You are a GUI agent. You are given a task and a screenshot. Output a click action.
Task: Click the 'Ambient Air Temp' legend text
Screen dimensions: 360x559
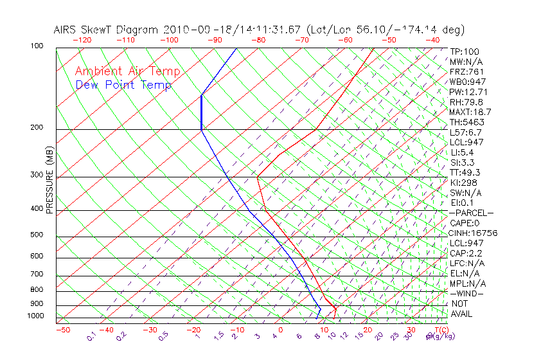[x=127, y=71]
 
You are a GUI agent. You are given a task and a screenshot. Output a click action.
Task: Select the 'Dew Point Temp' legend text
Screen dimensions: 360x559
[x=123, y=85]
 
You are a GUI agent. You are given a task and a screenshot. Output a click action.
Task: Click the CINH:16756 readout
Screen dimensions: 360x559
[x=474, y=233]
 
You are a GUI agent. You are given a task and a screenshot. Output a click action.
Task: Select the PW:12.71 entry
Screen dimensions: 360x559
[x=467, y=92]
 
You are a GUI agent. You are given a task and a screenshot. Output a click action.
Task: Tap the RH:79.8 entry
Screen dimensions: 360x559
[x=466, y=102]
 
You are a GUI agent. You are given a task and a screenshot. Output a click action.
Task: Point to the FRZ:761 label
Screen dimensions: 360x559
[x=466, y=71]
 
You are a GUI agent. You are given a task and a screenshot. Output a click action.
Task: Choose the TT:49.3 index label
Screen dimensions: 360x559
[x=465, y=172]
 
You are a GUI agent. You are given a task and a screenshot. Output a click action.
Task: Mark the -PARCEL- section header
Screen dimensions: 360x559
[x=471, y=213]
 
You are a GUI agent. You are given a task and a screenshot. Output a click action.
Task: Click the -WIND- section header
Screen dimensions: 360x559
[x=467, y=293]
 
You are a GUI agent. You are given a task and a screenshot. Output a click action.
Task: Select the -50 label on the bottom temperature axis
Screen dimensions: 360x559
[x=62, y=330]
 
